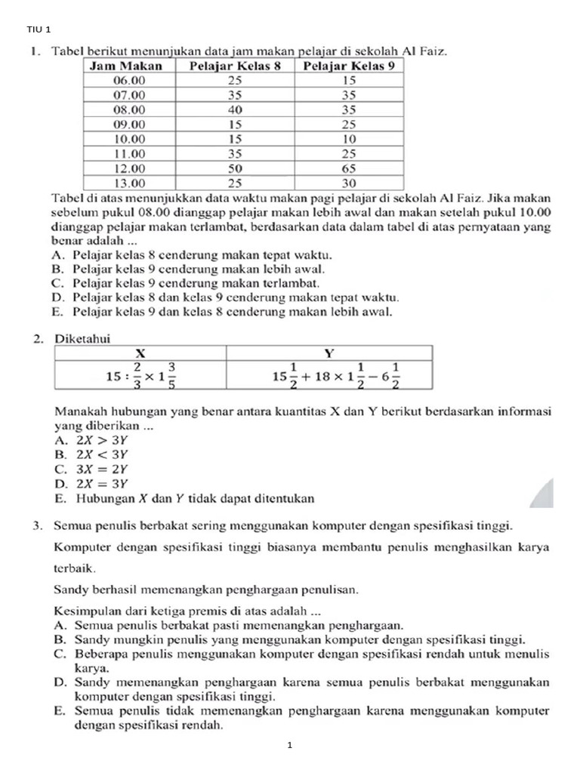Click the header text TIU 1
(38, 29)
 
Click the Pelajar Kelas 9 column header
(349, 66)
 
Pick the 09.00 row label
(129, 124)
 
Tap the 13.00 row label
(129, 182)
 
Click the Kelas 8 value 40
(235, 109)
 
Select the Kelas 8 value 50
(235, 168)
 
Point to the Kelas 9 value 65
(349, 168)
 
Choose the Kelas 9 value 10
(349, 139)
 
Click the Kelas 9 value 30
(349, 182)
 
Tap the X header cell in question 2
(140, 353)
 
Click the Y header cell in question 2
(329, 353)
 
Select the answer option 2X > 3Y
(91, 440)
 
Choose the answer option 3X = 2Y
(91, 469)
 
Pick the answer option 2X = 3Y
(91, 483)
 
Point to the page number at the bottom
(289, 746)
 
